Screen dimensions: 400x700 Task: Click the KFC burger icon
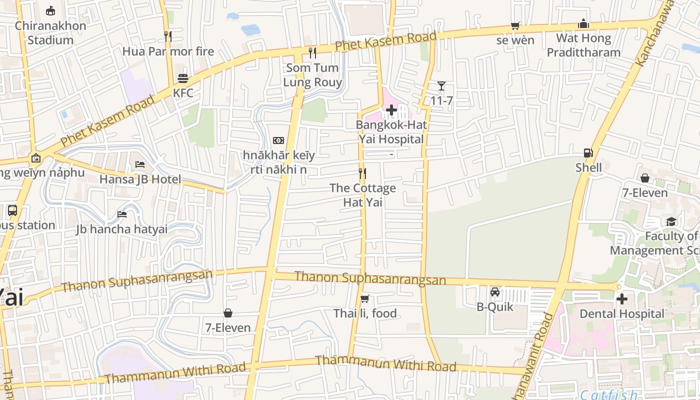[x=183, y=78]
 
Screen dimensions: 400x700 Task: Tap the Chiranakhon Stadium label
[x=50, y=32]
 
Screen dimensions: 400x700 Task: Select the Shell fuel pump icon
[x=588, y=153]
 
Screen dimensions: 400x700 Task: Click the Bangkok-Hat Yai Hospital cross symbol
[x=391, y=110]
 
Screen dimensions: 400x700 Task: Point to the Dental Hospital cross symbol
[x=622, y=299]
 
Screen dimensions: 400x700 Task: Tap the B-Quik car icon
[x=495, y=292]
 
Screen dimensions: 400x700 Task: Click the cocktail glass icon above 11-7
[x=441, y=86]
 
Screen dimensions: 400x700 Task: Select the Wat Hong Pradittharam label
[x=583, y=45]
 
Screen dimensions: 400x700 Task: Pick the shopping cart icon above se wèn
[x=515, y=25]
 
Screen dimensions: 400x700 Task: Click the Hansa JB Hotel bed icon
[x=140, y=164]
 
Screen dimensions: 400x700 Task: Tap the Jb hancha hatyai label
[x=121, y=229]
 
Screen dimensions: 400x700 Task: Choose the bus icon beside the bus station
[x=12, y=210]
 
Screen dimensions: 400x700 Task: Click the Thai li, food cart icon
[x=365, y=299]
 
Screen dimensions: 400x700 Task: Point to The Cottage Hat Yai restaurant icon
[x=362, y=173]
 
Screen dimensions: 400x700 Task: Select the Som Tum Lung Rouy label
[x=312, y=75]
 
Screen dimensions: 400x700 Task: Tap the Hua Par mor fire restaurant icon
[x=168, y=36]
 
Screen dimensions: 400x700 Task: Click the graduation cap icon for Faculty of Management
[x=671, y=221]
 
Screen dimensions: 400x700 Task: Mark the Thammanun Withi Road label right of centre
[x=385, y=363]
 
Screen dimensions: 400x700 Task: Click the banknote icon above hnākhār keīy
[x=278, y=140]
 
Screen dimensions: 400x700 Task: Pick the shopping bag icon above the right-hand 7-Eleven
[x=645, y=178]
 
